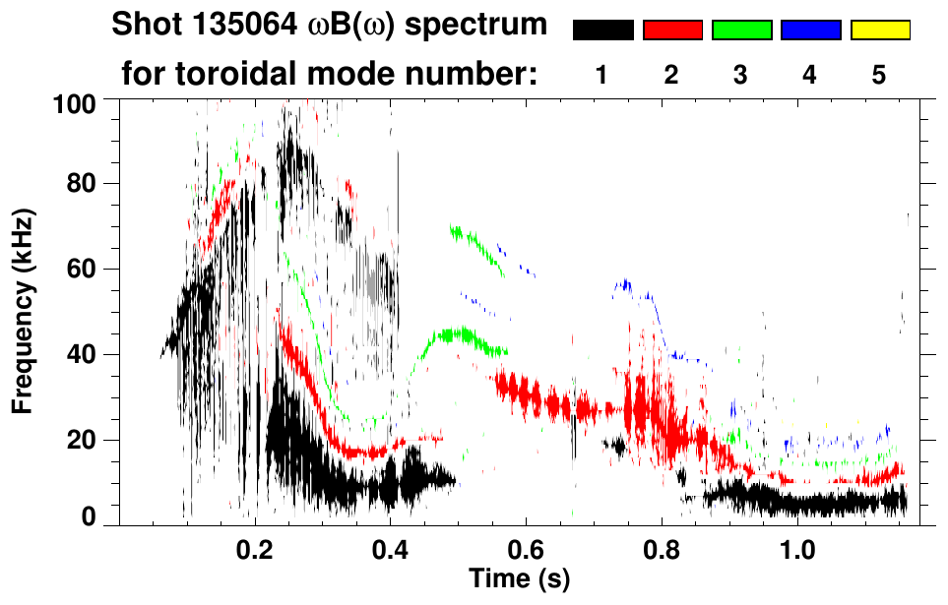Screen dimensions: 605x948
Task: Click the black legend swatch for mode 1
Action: pos(602,30)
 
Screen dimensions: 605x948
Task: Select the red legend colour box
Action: pos(672,30)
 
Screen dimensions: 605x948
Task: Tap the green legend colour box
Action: pos(741,30)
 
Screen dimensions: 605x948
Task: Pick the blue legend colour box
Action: pos(810,30)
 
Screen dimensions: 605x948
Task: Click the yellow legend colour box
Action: pos(879,30)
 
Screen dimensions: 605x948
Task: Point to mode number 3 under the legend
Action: pos(741,76)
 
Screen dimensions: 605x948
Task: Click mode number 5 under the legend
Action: pos(879,76)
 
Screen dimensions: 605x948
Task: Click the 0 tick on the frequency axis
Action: pos(89,515)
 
